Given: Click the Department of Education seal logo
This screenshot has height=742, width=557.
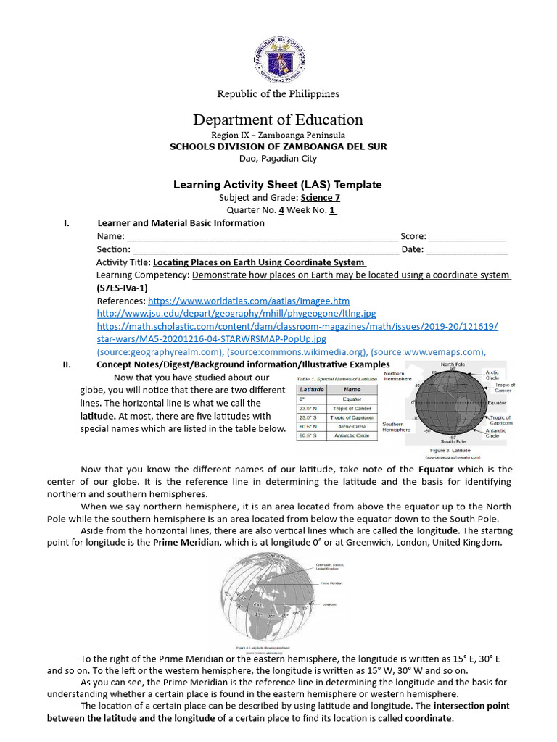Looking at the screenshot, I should pos(279,54).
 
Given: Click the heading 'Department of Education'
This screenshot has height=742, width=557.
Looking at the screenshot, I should pos(278,120).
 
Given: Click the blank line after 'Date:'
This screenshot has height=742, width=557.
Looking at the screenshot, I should pos(467,249).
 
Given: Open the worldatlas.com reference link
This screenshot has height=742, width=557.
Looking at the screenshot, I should pos(249,301).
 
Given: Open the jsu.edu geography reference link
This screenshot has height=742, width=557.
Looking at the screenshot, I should pos(236,314).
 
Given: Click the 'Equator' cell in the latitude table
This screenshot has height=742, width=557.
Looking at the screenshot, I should pos(352,399).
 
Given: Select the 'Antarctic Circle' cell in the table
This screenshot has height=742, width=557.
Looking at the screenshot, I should pos(352,436).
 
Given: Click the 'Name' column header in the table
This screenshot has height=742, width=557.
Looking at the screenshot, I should pos(352,389).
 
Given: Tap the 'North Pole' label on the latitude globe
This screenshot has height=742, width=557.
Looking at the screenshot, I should pos(453,364).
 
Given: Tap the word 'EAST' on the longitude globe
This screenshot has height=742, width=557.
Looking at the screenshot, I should pos(259,603).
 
